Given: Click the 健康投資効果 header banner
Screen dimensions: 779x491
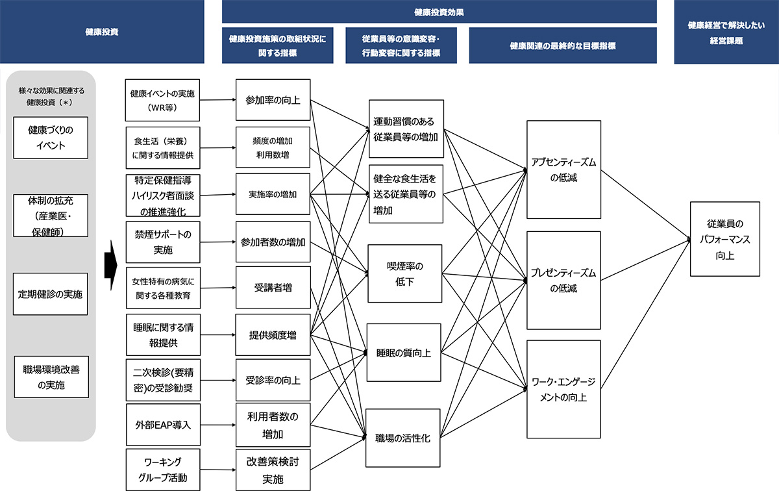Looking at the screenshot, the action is (x=439, y=12).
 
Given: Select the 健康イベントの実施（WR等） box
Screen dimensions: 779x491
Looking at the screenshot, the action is (x=162, y=100).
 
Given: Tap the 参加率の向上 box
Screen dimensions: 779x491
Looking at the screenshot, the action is (x=273, y=100).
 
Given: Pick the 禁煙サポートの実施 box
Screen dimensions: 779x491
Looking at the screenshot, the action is (x=163, y=242).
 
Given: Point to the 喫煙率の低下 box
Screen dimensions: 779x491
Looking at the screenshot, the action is (x=405, y=273).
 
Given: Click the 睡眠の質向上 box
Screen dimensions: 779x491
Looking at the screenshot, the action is (x=404, y=353).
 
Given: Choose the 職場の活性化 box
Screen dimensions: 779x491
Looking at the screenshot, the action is (x=402, y=438).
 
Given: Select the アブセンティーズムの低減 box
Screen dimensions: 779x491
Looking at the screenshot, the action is (x=563, y=170).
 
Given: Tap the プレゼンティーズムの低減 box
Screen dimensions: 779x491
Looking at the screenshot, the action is (x=563, y=280).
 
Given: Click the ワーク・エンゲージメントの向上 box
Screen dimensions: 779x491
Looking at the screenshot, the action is (x=563, y=389).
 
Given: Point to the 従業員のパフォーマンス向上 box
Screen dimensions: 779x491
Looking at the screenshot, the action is (x=725, y=239).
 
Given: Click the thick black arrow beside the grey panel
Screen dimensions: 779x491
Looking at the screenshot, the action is (x=111, y=265).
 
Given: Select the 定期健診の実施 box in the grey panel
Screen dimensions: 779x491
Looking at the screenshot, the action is (x=51, y=294).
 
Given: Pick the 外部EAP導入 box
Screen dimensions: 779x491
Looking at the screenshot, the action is (x=163, y=425).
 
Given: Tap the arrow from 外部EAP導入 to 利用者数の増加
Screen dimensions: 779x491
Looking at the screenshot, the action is (x=218, y=425).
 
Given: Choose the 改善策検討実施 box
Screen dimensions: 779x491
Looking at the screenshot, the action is (x=273, y=470).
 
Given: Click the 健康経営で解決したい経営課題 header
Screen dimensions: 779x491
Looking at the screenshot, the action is (x=726, y=32).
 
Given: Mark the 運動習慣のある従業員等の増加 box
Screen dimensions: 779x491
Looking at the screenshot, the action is (x=406, y=129).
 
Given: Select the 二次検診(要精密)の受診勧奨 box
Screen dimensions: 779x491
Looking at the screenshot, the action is (x=163, y=380).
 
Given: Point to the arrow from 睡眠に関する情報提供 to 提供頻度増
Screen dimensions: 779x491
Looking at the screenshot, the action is (x=218, y=334).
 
